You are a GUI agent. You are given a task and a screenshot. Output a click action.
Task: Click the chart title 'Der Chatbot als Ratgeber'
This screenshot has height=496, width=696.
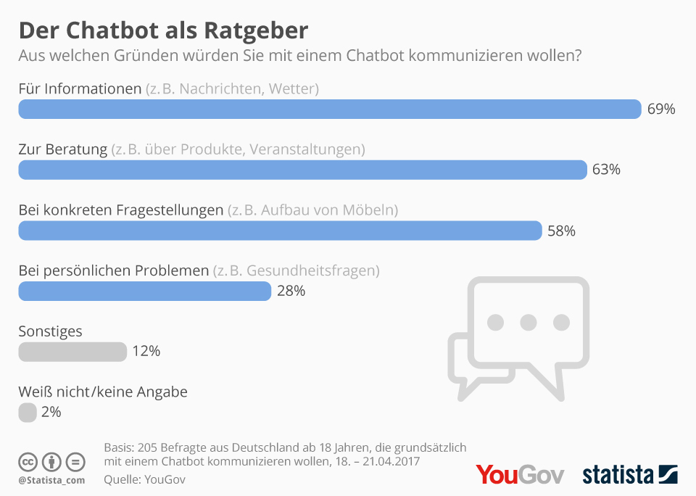pos(163,30)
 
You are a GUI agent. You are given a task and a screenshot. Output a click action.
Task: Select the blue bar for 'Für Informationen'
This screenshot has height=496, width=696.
pos(330,109)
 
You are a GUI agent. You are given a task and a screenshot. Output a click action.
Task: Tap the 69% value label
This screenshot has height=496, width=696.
pos(661,109)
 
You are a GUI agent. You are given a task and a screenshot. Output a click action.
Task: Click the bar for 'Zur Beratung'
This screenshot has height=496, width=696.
pos(302,170)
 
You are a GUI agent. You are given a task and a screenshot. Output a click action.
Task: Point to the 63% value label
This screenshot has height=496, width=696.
pos(606,170)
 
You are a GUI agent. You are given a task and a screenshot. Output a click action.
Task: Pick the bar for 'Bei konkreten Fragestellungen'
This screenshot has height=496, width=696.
pos(280,231)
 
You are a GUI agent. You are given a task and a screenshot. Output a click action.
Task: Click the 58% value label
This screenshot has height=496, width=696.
pos(561,231)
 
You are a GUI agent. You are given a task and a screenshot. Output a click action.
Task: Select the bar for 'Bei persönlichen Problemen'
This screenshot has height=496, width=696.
pos(145,292)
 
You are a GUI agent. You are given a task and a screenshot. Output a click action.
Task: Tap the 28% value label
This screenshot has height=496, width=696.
pos(291,292)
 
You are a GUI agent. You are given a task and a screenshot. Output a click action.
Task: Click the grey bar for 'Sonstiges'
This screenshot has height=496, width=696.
pos(72,352)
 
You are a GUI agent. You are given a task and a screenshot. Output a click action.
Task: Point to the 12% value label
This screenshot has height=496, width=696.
pos(146,352)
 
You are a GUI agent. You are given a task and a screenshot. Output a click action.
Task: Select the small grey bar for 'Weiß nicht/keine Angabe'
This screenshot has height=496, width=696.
pos(27,413)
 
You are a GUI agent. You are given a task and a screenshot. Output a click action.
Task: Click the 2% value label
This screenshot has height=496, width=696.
pos(51,413)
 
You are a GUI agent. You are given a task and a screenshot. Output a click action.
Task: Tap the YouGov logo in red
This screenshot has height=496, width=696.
pos(520,475)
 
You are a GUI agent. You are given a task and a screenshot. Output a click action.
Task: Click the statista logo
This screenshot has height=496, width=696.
pos(629,475)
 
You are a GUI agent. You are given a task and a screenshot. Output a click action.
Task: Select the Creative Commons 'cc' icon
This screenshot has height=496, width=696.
pos(28,462)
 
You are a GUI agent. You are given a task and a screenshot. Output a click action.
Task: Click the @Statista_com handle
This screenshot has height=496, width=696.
pos(51,480)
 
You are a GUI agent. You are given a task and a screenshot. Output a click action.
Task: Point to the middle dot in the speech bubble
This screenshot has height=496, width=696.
pos(529,321)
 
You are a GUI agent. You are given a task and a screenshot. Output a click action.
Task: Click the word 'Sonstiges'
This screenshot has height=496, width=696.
pos(50,331)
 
